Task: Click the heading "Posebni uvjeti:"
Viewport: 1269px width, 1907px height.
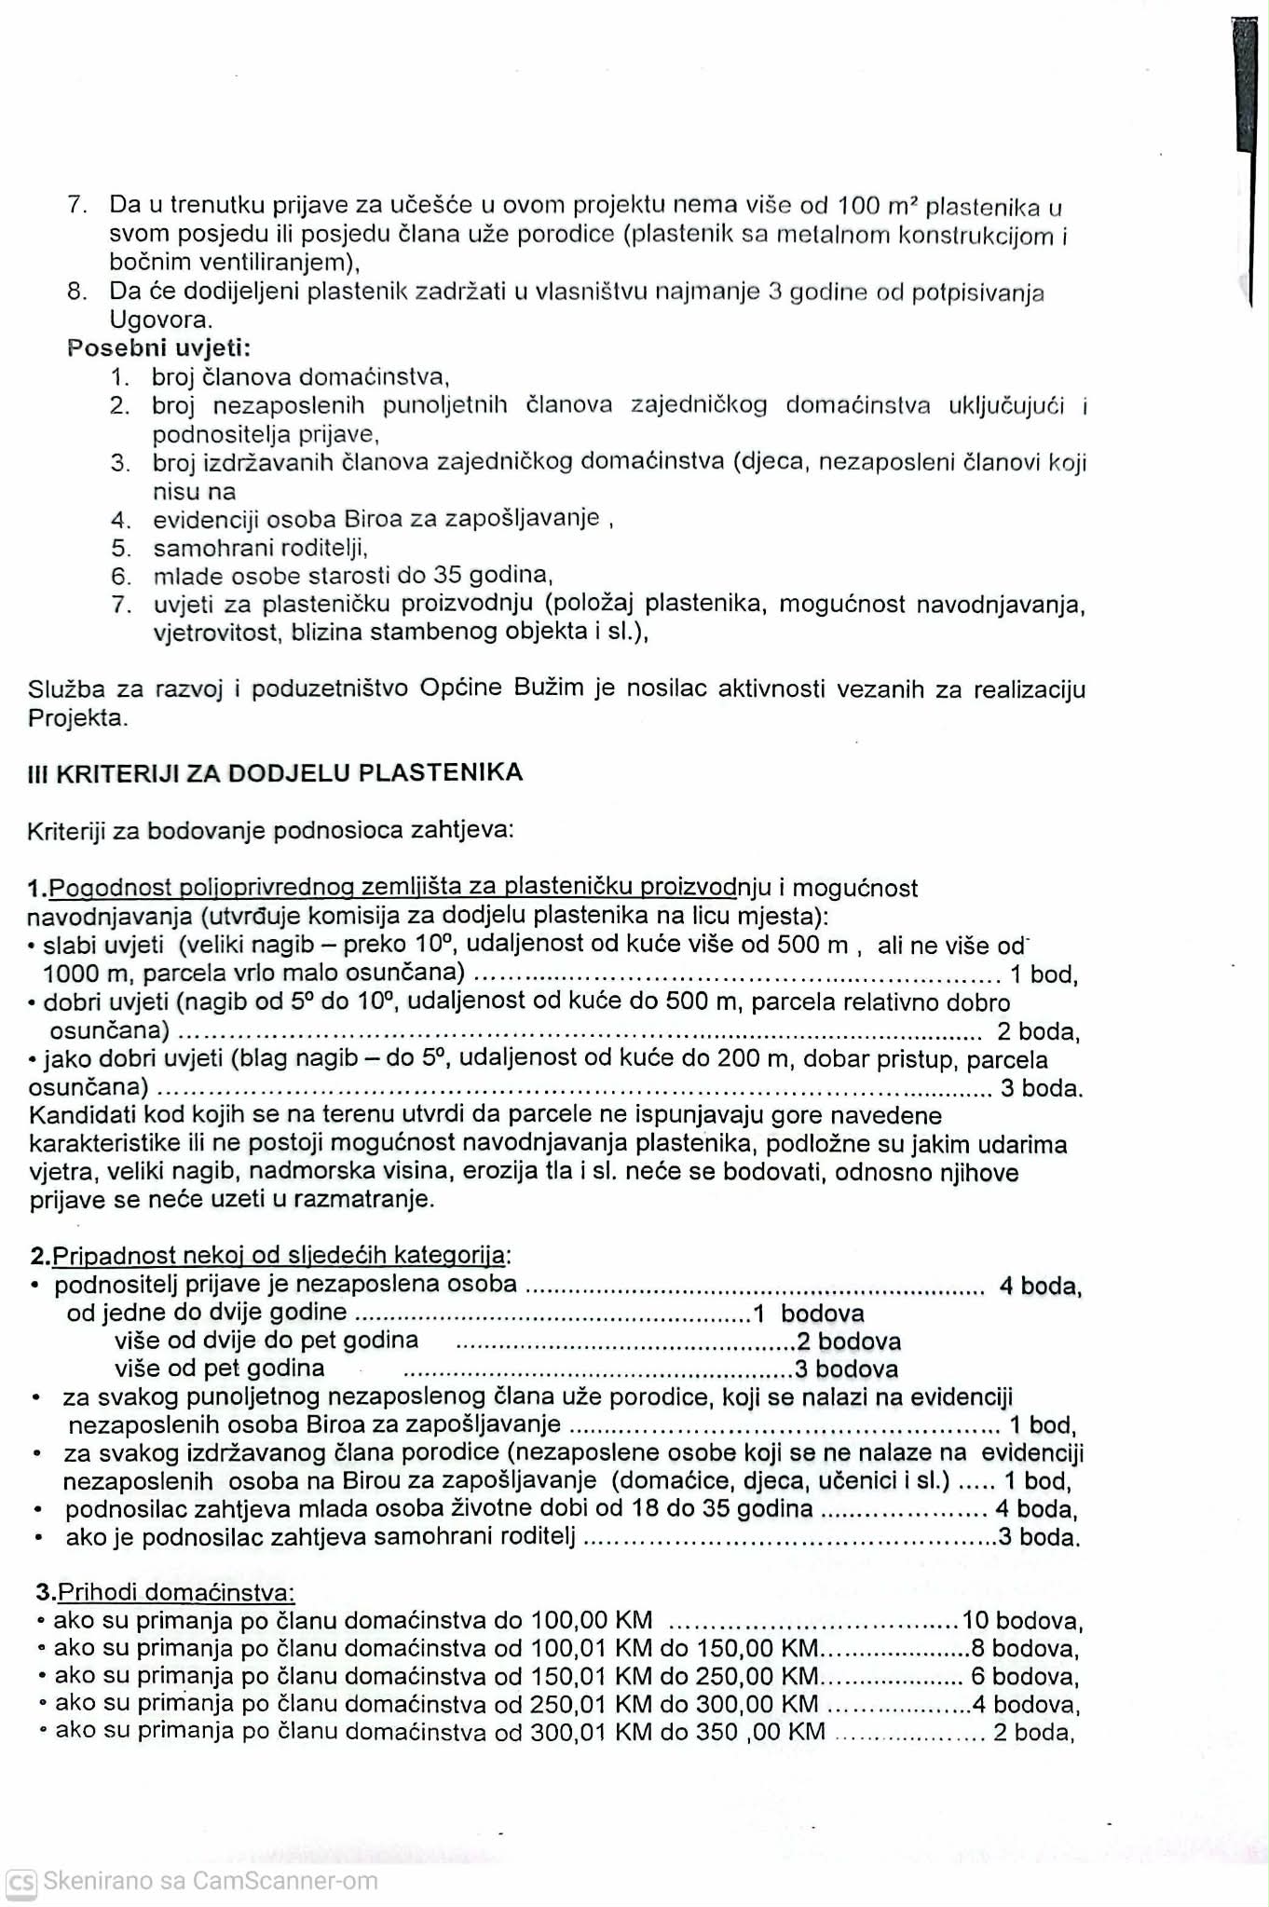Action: [x=158, y=348]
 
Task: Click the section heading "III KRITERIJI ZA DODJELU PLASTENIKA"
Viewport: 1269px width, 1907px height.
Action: [x=275, y=773]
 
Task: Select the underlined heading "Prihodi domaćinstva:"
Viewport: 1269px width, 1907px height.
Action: [x=176, y=1592]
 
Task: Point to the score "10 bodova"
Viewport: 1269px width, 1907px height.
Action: [x=1022, y=1621]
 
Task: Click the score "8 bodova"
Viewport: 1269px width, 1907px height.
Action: [x=1024, y=1649]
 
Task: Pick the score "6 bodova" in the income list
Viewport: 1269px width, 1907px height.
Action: [x=1024, y=1677]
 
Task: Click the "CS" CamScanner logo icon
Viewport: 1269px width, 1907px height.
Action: [x=20, y=1882]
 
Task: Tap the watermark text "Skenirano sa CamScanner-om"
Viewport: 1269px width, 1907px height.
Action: [x=211, y=1881]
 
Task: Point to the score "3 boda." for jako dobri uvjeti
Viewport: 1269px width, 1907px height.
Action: [x=1041, y=1087]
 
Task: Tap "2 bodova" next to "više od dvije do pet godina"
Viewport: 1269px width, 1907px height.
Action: [x=848, y=1342]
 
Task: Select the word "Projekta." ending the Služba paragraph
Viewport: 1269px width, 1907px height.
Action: [x=77, y=717]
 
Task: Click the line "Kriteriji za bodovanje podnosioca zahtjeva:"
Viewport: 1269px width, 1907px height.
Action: [x=270, y=830]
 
